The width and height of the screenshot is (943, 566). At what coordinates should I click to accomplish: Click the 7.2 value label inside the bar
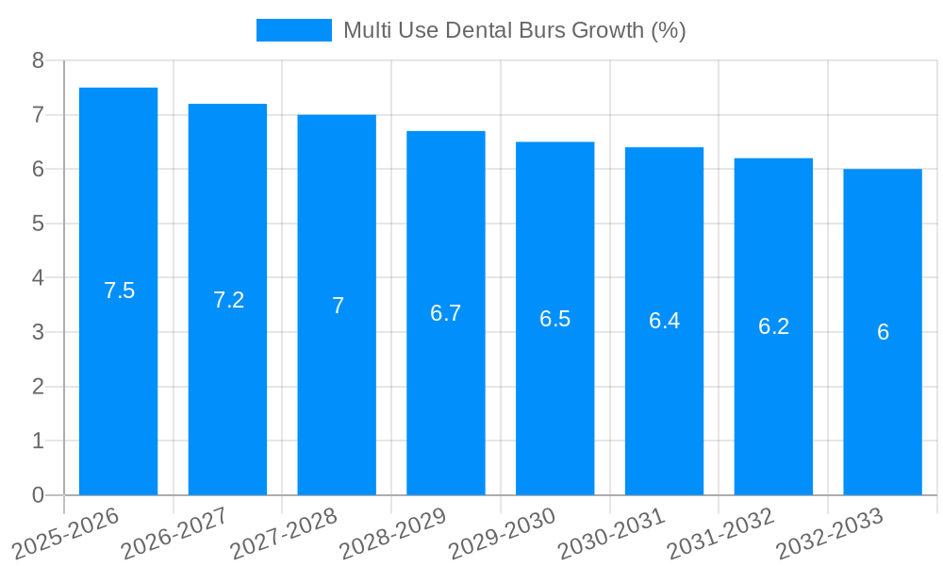click(228, 300)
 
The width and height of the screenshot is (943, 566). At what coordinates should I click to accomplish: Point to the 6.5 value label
click(554, 319)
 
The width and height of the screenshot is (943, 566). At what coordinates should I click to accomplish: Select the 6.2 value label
click(773, 326)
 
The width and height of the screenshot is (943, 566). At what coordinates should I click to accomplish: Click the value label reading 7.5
click(119, 291)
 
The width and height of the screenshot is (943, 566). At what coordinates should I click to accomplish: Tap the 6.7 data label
click(445, 313)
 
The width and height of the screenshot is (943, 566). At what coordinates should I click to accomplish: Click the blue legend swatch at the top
click(293, 30)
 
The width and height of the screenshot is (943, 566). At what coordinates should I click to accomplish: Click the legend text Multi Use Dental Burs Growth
click(514, 30)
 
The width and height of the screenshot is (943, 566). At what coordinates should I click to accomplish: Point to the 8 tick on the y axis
click(38, 60)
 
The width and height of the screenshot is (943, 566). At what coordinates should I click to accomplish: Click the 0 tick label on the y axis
click(38, 495)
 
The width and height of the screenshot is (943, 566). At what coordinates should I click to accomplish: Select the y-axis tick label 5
click(38, 224)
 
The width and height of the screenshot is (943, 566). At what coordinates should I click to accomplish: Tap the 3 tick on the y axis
click(38, 332)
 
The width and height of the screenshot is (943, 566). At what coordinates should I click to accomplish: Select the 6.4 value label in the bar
click(664, 321)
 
